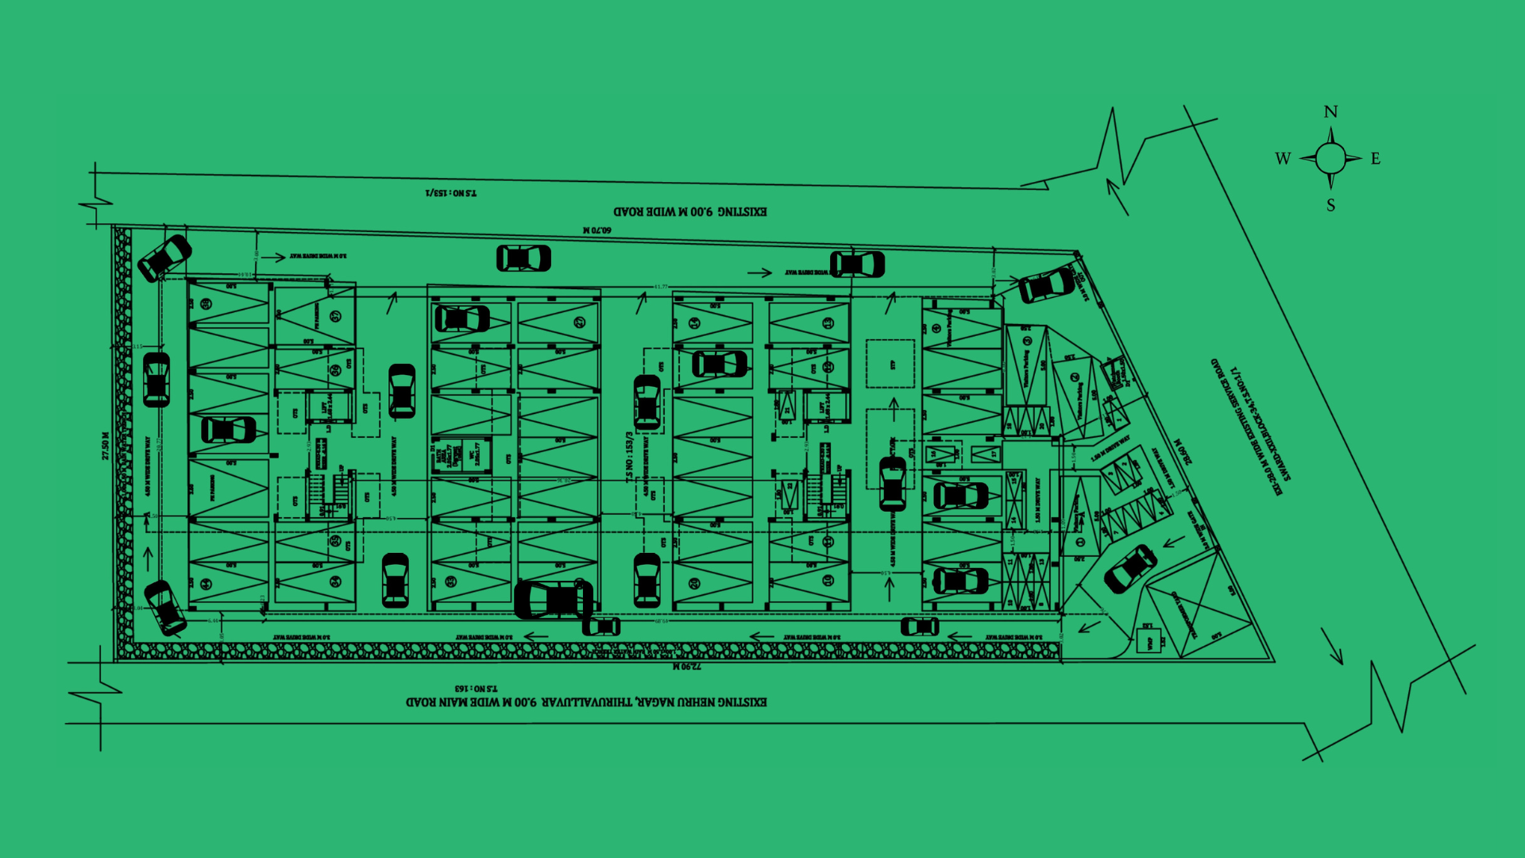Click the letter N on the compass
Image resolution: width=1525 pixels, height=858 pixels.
tap(1331, 112)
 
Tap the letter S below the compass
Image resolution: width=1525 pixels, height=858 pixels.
tap(1331, 206)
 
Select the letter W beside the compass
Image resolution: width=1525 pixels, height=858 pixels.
tap(1283, 159)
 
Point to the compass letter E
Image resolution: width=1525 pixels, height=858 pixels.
tap(1376, 159)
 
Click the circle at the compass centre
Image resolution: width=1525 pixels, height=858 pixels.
tap(1330, 158)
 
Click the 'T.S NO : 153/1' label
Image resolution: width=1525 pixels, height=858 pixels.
tap(451, 193)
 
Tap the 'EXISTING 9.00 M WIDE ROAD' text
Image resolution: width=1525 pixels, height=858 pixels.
tap(689, 212)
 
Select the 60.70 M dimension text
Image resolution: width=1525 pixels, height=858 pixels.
tap(597, 230)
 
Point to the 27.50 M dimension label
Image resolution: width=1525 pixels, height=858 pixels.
tap(106, 446)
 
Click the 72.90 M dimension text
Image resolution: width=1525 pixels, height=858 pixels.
tap(687, 667)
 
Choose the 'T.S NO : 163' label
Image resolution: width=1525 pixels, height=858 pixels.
tap(476, 688)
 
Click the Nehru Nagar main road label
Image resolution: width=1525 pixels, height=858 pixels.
tap(586, 702)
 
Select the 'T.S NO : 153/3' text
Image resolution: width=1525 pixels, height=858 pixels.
tap(629, 457)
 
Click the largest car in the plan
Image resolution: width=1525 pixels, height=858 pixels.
tap(554, 600)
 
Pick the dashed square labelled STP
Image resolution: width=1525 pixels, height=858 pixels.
tap(890, 365)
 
